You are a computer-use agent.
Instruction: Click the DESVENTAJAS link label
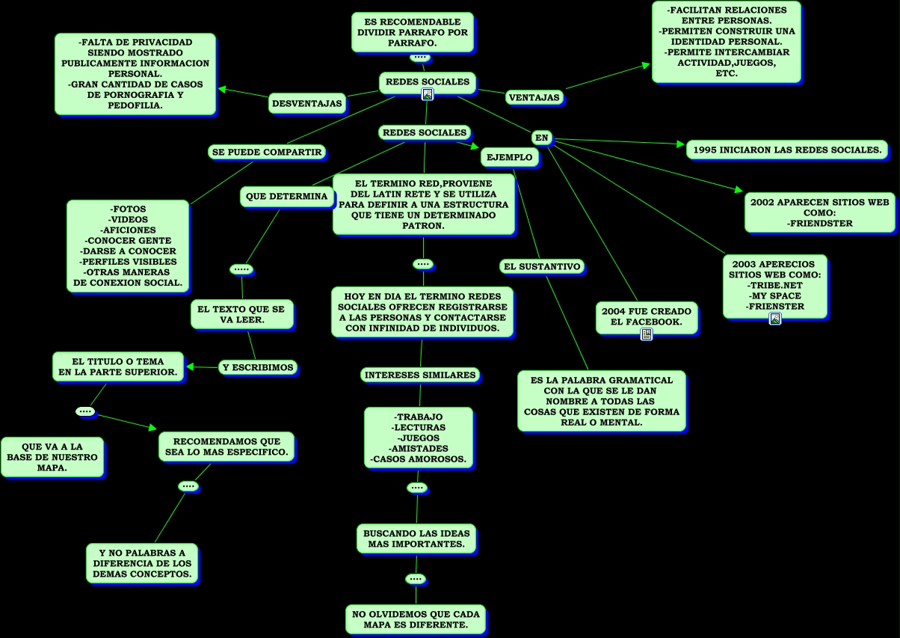[x=306, y=103]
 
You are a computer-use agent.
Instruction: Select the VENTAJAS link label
[x=534, y=97]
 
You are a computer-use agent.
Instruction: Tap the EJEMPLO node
[x=510, y=157]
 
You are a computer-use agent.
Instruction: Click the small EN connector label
[x=542, y=138]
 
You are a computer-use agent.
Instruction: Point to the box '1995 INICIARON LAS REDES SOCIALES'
[x=787, y=150]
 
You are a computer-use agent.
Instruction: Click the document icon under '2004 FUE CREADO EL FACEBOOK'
[x=647, y=334]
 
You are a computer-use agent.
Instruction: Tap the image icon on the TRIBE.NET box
[x=775, y=319]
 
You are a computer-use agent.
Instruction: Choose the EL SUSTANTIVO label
[x=542, y=266]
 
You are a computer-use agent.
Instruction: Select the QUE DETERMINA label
[x=287, y=197]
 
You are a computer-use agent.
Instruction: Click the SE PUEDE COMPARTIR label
[x=267, y=152]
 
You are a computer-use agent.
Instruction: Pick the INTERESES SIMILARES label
[x=420, y=375]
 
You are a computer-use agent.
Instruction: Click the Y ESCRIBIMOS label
[x=258, y=367]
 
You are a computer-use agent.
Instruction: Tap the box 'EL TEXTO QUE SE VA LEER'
[x=242, y=314]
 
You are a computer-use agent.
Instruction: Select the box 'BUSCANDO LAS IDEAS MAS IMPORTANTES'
[x=416, y=539]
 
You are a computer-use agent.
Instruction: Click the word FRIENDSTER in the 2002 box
[x=820, y=223]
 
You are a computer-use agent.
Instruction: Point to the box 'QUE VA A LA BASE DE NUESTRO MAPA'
[x=52, y=456]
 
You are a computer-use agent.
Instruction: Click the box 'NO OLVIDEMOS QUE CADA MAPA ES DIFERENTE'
[x=416, y=619]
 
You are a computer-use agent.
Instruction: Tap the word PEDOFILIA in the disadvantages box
[x=135, y=105]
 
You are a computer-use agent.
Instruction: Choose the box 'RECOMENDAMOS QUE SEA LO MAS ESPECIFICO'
[x=226, y=447]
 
